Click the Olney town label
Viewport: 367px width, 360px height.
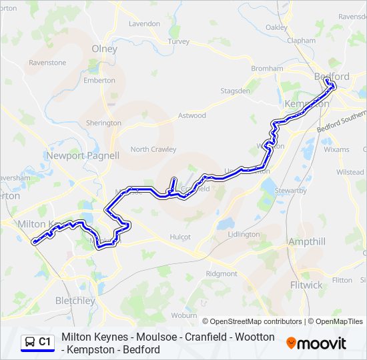click(x=104, y=49)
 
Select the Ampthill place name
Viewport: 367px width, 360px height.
click(x=306, y=241)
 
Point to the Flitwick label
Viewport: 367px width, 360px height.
click(x=306, y=285)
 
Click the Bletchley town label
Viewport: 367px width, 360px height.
click(x=75, y=301)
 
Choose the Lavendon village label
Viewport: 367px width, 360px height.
click(x=144, y=23)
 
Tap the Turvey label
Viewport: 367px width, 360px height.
click(x=179, y=41)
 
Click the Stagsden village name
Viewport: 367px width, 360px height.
click(x=235, y=91)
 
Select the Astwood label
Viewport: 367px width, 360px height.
click(x=192, y=115)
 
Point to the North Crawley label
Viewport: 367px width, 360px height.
click(x=153, y=149)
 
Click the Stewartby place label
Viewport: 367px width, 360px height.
click(x=290, y=191)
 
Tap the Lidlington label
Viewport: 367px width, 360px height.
click(x=244, y=235)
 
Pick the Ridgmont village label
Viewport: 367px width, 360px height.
click(x=222, y=274)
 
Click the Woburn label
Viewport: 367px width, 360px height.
click(x=183, y=315)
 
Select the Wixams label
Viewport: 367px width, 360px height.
click(x=336, y=149)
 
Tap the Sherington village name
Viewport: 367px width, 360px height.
click(x=103, y=123)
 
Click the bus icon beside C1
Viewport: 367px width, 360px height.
click(x=29, y=343)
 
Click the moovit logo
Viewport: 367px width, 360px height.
click(x=316, y=343)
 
